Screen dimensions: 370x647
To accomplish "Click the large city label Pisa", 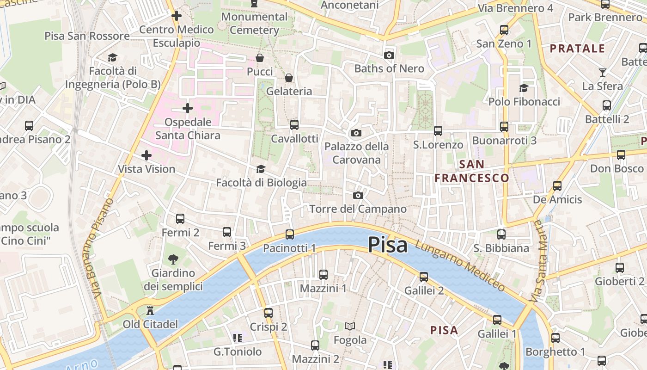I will (388, 245).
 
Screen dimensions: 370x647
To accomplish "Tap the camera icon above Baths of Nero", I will (389, 55).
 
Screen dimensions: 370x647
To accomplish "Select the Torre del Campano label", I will (358, 209).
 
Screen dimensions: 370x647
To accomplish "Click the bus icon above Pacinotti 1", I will (290, 234).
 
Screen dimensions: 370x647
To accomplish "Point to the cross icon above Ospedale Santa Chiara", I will (187, 108).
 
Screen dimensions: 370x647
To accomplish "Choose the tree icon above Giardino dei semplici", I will (173, 259).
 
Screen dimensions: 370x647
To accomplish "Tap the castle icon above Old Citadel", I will (150, 310).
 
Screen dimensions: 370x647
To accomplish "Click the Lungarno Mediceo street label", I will (460, 266).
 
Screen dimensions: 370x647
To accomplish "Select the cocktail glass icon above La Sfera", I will (603, 72).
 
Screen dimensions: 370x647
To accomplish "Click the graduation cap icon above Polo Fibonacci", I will (524, 88).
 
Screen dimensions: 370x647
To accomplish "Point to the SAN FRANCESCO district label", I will (472, 171).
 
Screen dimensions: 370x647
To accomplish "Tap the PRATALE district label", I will (577, 49).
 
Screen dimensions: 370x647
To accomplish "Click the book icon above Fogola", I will (350, 327).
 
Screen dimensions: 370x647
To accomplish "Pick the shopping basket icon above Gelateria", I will (289, 78).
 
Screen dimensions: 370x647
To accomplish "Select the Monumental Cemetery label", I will (255, 23).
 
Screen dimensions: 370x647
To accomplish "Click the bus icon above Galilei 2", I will (424, 277).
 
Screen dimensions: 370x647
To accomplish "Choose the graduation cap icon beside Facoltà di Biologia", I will (261, 169).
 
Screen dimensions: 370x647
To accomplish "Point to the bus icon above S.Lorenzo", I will (438, 131).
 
